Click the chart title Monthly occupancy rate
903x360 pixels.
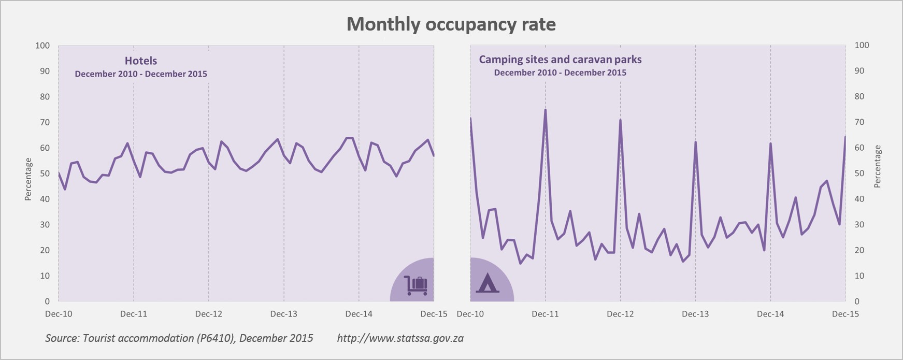451,24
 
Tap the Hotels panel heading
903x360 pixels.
141,61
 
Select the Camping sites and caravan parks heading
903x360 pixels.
560,60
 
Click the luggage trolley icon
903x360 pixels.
417,285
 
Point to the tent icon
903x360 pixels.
488,283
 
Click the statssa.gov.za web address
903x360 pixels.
400,338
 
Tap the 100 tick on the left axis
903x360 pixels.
42,46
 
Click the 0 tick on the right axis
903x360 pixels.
857,301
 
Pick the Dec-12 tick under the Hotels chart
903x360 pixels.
209,314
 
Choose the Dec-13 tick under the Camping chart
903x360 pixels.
695,314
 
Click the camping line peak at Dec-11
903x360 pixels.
545,110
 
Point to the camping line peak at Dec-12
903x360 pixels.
620,120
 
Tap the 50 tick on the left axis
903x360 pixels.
45,174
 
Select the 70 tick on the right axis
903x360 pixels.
859,122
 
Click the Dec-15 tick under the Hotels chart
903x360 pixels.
434,314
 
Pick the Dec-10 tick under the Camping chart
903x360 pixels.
470,314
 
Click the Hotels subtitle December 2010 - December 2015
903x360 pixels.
141,74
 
